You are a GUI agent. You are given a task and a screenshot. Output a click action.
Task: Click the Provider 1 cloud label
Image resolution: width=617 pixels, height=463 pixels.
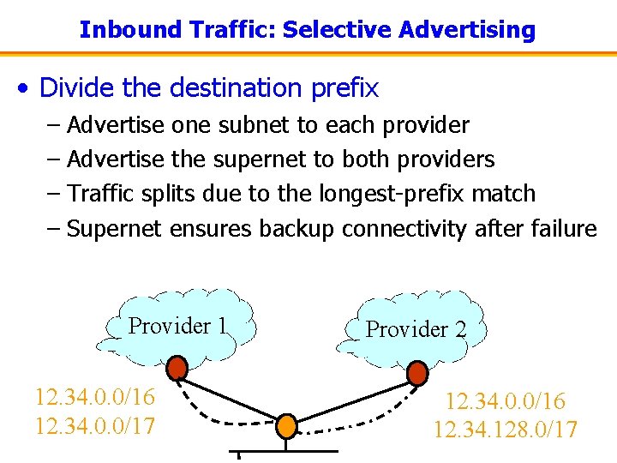[177, 326]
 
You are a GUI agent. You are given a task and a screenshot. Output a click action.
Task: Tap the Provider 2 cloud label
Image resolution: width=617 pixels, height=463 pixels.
[416, 329]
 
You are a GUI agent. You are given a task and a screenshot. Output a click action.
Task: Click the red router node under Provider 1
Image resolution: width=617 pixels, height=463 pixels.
[177, 369]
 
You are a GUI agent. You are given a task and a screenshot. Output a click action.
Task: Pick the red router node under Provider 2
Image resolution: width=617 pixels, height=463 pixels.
[417, 373]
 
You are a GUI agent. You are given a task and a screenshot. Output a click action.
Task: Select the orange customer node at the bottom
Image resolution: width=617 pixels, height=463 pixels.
[286, 424]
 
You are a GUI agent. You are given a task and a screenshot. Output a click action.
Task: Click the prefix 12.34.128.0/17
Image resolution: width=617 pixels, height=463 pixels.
[506, 430]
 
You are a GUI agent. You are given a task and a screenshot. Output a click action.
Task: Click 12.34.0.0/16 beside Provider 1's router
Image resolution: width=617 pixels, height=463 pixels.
[95, 398]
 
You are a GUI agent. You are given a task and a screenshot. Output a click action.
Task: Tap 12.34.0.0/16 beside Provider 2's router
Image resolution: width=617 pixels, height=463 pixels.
[506, 401]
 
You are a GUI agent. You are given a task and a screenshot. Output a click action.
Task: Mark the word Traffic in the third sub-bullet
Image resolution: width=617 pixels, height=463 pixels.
[99, 194]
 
